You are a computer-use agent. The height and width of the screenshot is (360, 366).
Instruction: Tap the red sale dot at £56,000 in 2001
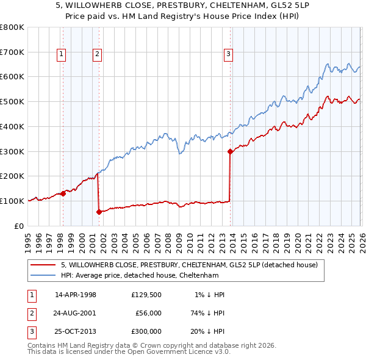click(99, 212)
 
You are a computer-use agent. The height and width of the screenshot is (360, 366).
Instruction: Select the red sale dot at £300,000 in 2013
click(230, 151)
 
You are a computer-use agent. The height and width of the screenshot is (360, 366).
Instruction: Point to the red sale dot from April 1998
click(63, 193)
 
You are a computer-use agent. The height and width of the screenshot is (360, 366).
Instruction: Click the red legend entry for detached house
click(189, 265)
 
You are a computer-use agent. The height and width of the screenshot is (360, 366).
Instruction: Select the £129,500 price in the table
click(146, 295)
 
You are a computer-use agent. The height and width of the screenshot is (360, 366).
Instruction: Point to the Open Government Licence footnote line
click(129, 352)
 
